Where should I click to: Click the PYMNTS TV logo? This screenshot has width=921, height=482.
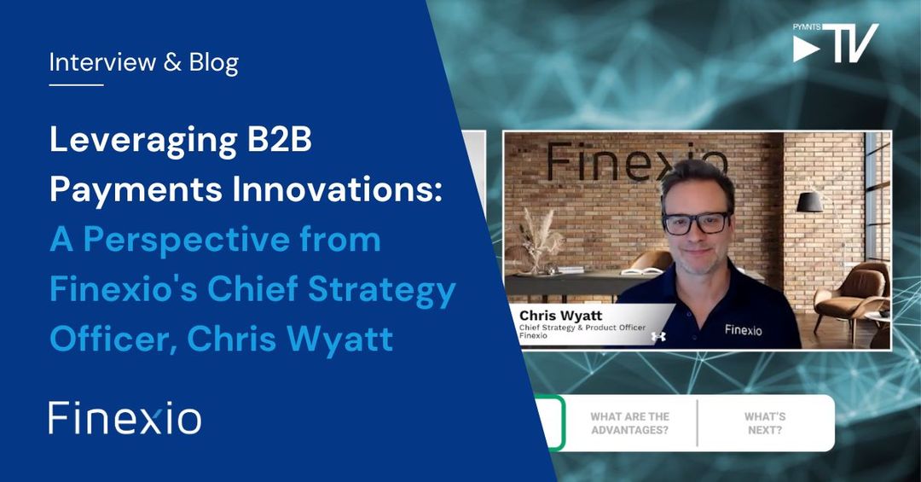(x=835, y=43)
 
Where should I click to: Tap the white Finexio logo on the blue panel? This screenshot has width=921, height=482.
(x=125, y=418)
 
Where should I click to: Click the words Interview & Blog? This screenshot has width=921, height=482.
(x=143, y=62)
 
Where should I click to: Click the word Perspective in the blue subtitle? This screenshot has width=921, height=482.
(x=194, y=240)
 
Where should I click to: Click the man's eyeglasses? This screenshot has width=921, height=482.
(x=696, y=222)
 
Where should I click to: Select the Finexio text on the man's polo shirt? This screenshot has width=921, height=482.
(x=744, y=328)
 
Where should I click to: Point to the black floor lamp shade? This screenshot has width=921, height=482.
(x=808, y=200)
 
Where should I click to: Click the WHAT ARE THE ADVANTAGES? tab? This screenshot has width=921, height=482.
(x=629, y=423)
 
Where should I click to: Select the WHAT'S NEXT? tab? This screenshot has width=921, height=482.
(x=764, y=423)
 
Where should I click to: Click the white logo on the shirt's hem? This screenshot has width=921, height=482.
(x=658, y=337)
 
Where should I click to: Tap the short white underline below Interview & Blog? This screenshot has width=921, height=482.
(x=76, y=84)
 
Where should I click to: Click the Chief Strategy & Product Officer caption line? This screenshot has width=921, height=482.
(x=582, y=327)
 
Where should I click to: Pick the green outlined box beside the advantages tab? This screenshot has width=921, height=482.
(x=552, y=423)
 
